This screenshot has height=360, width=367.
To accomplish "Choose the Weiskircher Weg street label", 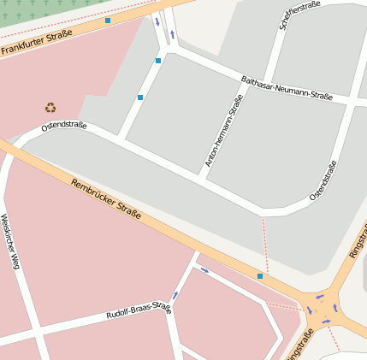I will (x=10, y=242).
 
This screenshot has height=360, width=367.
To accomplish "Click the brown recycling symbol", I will (x=50, y=108).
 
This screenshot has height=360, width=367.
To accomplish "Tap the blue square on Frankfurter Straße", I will (x=108, y=21).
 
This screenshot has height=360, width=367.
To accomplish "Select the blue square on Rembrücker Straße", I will (x=260, y=276).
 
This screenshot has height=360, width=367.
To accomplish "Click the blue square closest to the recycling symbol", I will (x=140, y=97).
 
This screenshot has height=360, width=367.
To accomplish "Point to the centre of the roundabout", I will (x=323, y=310).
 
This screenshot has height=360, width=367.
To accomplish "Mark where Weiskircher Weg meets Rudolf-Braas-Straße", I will (x=35, y=333).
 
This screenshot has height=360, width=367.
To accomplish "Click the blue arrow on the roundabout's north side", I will (x=320, y=297).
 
